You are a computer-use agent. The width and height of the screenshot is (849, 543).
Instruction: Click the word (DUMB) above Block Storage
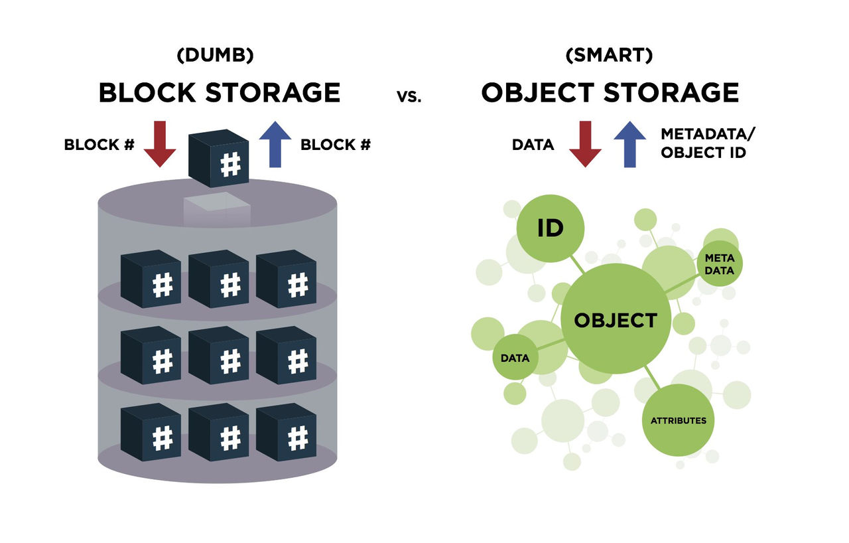[216, 56]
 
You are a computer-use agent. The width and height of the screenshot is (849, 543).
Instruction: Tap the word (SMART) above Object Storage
[609, 56]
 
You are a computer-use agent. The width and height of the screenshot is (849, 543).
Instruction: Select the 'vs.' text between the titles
[410, 96]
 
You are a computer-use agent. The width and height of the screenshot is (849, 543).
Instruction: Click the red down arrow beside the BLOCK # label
[160, 143]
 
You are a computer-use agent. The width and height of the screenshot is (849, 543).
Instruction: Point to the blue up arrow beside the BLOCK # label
[275, 143]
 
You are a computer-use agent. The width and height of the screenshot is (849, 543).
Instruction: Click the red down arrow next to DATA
[585, 143]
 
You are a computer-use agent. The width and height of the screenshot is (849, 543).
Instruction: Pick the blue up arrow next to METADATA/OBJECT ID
[630, 143]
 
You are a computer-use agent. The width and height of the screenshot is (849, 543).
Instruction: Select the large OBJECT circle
[616, 319]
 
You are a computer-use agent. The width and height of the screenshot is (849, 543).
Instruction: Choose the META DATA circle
[720, 263]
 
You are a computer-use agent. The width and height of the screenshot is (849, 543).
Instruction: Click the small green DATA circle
[515, 358]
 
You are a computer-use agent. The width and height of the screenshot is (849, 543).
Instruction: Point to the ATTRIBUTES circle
[678, 420]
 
